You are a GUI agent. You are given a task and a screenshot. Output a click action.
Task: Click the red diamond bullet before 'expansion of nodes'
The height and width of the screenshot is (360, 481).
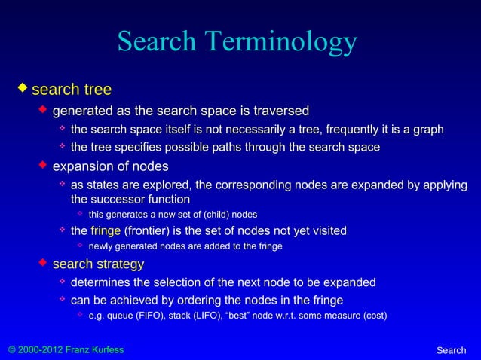tap(44, 165)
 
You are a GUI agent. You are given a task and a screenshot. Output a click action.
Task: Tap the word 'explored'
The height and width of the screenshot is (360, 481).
tap(185, 185)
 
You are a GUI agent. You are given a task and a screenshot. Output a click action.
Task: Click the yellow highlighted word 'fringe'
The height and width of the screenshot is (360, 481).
tap(106, 230)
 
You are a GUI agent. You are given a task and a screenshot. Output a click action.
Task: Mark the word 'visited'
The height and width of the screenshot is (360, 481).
tap(326, 230)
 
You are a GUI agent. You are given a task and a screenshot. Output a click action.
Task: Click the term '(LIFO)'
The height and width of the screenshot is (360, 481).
tap(216, 316)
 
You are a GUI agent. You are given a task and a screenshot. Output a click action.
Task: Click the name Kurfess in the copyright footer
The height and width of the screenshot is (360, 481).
tap(106, 350)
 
